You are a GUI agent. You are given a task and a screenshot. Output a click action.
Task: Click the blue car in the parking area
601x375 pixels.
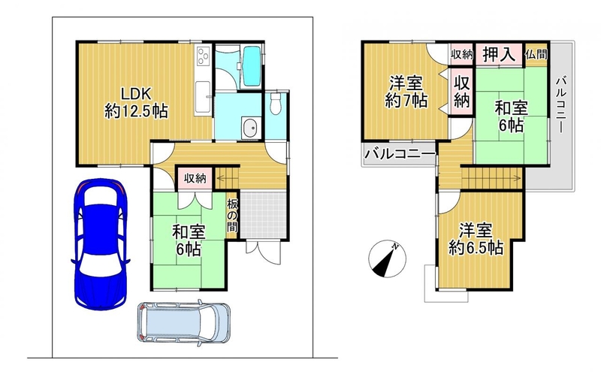(101, 244)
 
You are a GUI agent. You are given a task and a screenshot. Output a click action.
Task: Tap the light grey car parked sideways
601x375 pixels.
(183, 322)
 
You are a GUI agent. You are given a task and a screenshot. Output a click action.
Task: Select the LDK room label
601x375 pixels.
(136, 102)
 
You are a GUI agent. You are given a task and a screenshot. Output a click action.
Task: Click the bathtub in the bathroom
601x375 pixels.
(252, 66)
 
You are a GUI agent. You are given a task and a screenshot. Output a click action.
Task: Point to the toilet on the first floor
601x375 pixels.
(275, 104)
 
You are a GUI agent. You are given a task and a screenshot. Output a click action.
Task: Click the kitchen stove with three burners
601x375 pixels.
(203, 56)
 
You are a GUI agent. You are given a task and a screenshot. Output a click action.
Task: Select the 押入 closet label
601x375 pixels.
(499, 53)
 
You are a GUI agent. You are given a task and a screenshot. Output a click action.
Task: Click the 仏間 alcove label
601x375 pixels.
(536, 54)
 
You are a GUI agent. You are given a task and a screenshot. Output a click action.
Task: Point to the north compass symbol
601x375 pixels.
(387, 259)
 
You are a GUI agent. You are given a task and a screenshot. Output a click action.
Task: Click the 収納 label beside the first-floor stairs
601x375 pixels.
(195, 178)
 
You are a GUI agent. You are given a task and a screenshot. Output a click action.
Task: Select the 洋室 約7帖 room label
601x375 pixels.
(406, 92)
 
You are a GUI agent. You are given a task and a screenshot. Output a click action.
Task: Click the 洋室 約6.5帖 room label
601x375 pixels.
(476, 240)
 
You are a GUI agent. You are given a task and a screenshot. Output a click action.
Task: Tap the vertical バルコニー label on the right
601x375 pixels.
(561, 104)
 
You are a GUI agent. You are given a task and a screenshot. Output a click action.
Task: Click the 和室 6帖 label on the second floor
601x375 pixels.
(512, 116)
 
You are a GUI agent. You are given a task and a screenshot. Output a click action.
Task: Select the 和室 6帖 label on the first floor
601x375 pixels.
(189, 240)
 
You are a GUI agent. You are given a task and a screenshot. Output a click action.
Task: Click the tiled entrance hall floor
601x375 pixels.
(264, 215)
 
